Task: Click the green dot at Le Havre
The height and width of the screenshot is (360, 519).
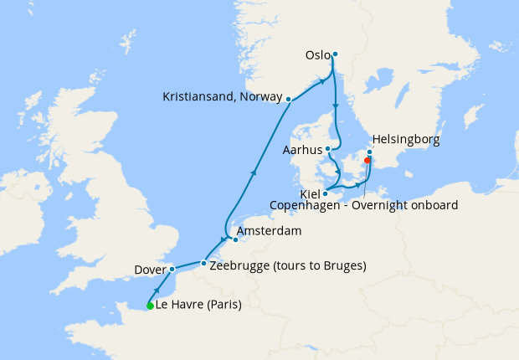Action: tap(150, 306)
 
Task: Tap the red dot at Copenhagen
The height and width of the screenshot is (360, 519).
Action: tap(367, 161)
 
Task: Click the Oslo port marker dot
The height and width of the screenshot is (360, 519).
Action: tap(335, 54)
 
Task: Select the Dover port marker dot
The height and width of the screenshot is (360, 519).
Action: tap(171, 270)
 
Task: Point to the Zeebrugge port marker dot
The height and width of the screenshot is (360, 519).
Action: tap(203, 264)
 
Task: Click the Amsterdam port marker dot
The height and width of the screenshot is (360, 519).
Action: tap(235, 239)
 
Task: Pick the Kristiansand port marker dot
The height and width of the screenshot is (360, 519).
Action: tap(288, 100)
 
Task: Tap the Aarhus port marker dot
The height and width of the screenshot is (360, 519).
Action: tap(328, 150)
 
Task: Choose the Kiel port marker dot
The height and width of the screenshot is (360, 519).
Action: tap(326, 194)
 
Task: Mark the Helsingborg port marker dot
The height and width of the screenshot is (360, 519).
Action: tap(370, 152)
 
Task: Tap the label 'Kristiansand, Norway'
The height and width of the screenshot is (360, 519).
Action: tap(222, 97)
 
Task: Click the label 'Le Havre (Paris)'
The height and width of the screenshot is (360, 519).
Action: tap(198, 305)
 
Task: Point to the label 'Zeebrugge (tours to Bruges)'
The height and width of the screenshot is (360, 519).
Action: tap(289, 266)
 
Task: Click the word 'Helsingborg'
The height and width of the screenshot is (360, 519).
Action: tap(405, 139)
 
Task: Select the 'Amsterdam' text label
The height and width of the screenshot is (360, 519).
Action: tap(269, 230)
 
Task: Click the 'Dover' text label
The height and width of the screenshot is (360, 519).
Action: tap(149, 270)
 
